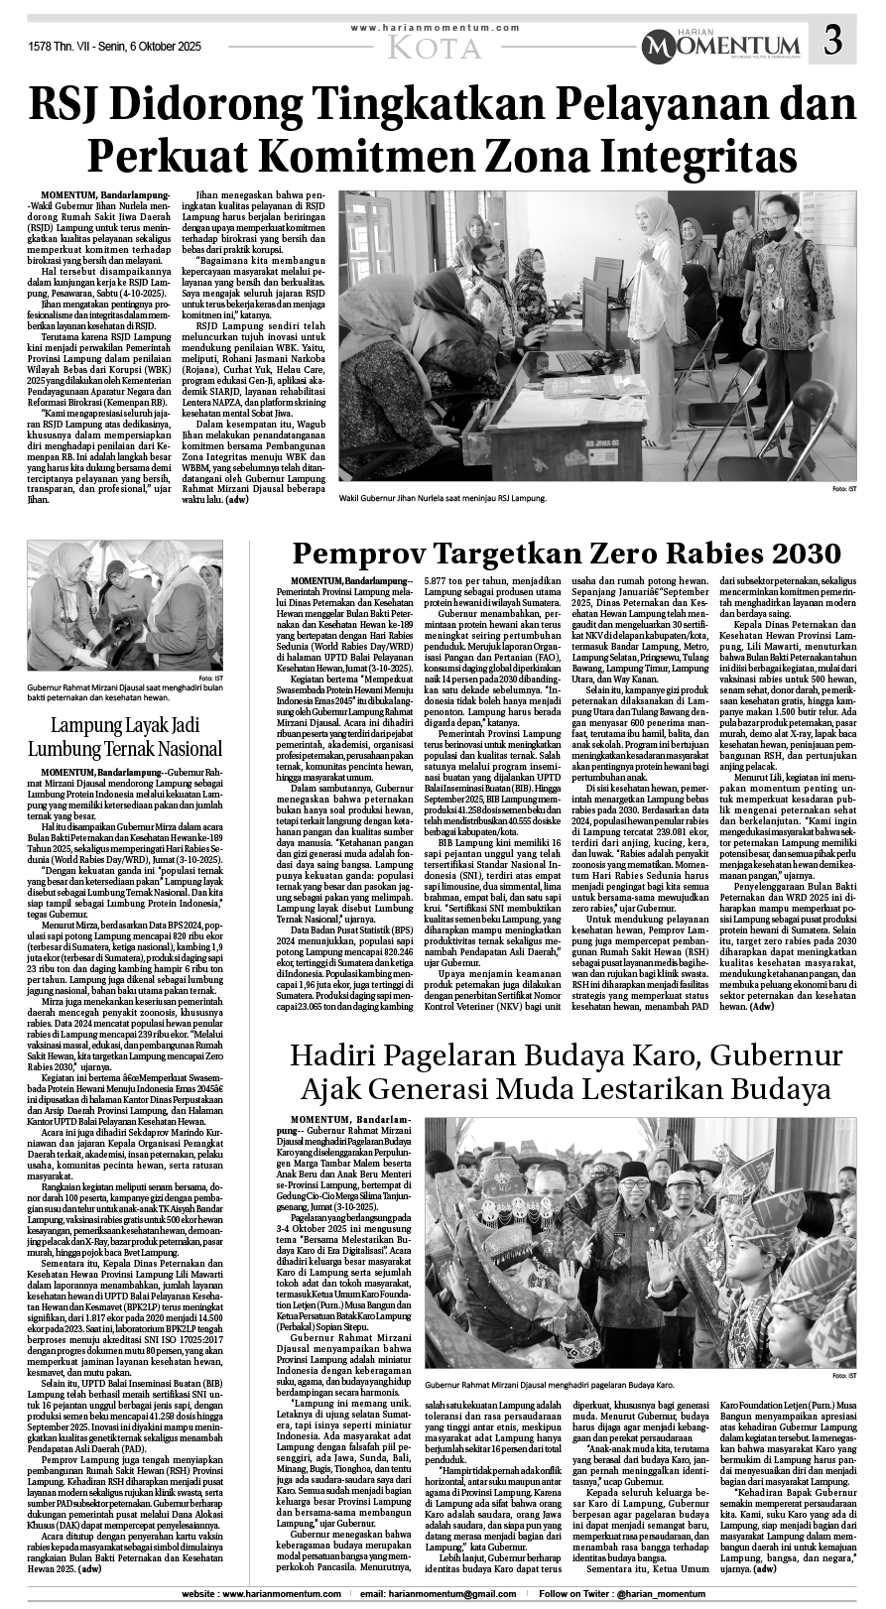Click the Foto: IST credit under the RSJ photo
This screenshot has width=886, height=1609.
844,490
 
